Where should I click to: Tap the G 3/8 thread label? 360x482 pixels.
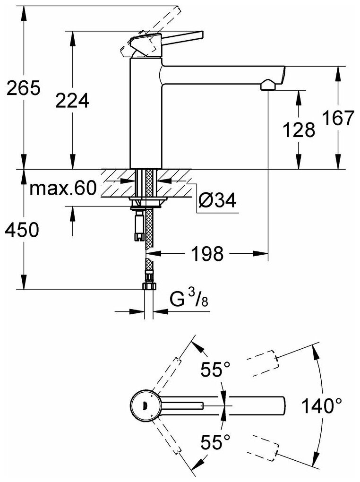coord(186,299)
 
